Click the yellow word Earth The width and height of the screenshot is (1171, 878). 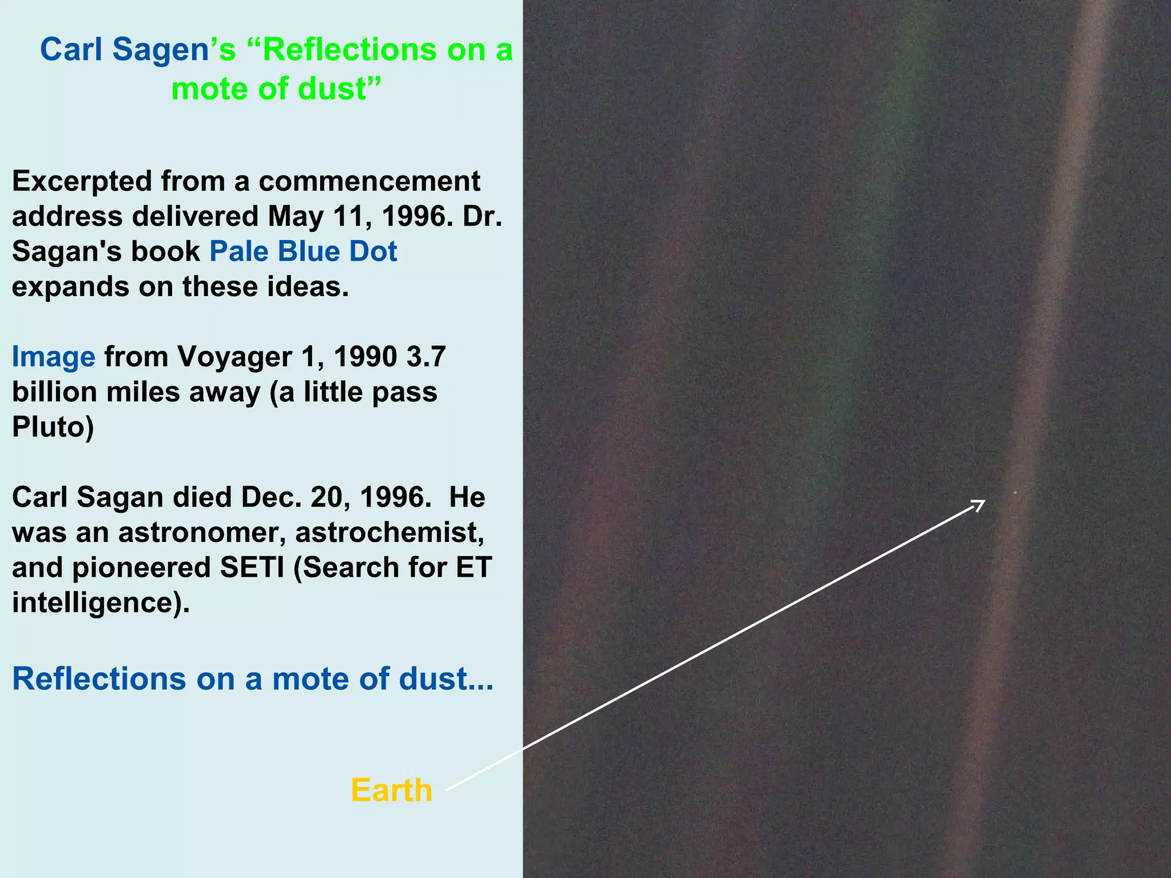(391, 791)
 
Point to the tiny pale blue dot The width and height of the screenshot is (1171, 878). (1015, 492)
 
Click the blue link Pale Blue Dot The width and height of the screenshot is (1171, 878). (303, 252)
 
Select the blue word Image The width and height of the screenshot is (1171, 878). (54, 357)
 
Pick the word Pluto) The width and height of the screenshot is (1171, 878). (53, 428)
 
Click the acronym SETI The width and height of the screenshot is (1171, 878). (253, 568)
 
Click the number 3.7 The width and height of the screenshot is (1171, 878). (426, 357)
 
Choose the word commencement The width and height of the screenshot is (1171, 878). (369, 182)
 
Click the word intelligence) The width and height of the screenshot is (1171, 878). (101, 603)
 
